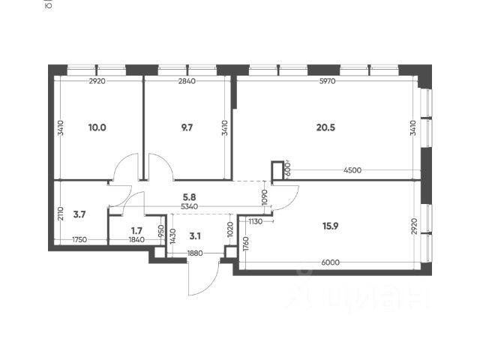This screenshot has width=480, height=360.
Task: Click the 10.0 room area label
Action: coord(97,127)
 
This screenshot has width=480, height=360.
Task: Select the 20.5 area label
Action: coord(325,127)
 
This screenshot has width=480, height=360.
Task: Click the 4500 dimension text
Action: coord(352,170)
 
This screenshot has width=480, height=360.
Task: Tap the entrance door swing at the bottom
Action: coord(201,281)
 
